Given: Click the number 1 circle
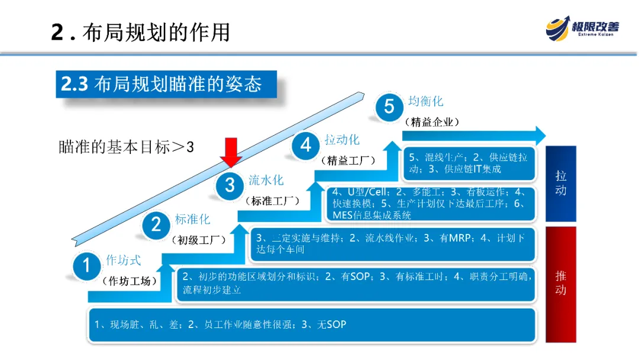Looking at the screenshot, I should (x=87, y=266).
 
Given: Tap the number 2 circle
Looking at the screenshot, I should (x=156, y=224).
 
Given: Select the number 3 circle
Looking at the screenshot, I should (x=230, y=185).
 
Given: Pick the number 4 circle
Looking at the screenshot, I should (x=306, y=145).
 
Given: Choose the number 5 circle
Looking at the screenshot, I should (x=389, y=107).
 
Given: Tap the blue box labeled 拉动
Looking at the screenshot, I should (x=560, y=183).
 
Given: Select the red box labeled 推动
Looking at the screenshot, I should (x=560, y=283).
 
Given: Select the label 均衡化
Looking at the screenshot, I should (x=425, y=101).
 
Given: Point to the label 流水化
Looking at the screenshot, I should (x=266, y=180).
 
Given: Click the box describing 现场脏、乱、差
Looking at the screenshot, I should (x=312, y=324).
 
